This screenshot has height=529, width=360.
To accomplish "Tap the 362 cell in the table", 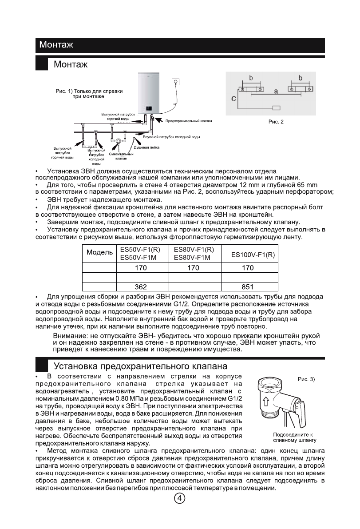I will click(141, 287).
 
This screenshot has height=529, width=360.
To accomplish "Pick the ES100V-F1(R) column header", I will click(253, 255).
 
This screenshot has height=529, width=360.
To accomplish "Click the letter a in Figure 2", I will click(276, 91).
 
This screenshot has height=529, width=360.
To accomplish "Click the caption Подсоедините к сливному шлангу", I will click(294, 437).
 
